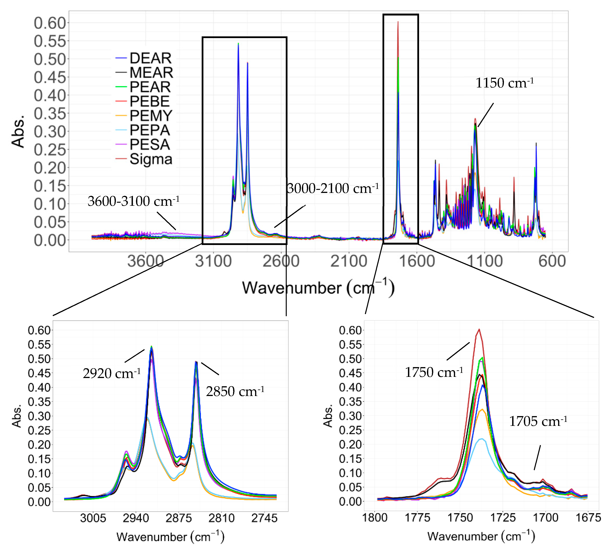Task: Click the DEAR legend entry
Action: point(150,58)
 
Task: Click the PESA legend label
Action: point(150,145)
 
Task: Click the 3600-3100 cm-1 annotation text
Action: point(133,201)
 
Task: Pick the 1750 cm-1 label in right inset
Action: point(434,372)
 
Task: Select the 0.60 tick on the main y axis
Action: point(50,23)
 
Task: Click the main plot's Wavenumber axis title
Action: point(318,288)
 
